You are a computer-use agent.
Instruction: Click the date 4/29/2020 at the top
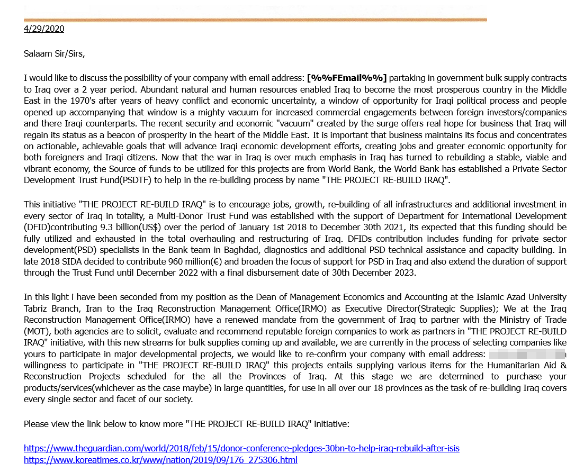click(44, 29)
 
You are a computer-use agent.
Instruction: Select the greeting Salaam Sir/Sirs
click(54, 53)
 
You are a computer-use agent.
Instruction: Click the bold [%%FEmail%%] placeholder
click(347, 78)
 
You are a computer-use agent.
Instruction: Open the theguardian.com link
click(241, 448)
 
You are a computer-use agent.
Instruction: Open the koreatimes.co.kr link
click(160, 460)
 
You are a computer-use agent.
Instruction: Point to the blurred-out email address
click(526, 353)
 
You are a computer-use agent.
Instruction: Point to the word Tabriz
click(38, 308)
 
